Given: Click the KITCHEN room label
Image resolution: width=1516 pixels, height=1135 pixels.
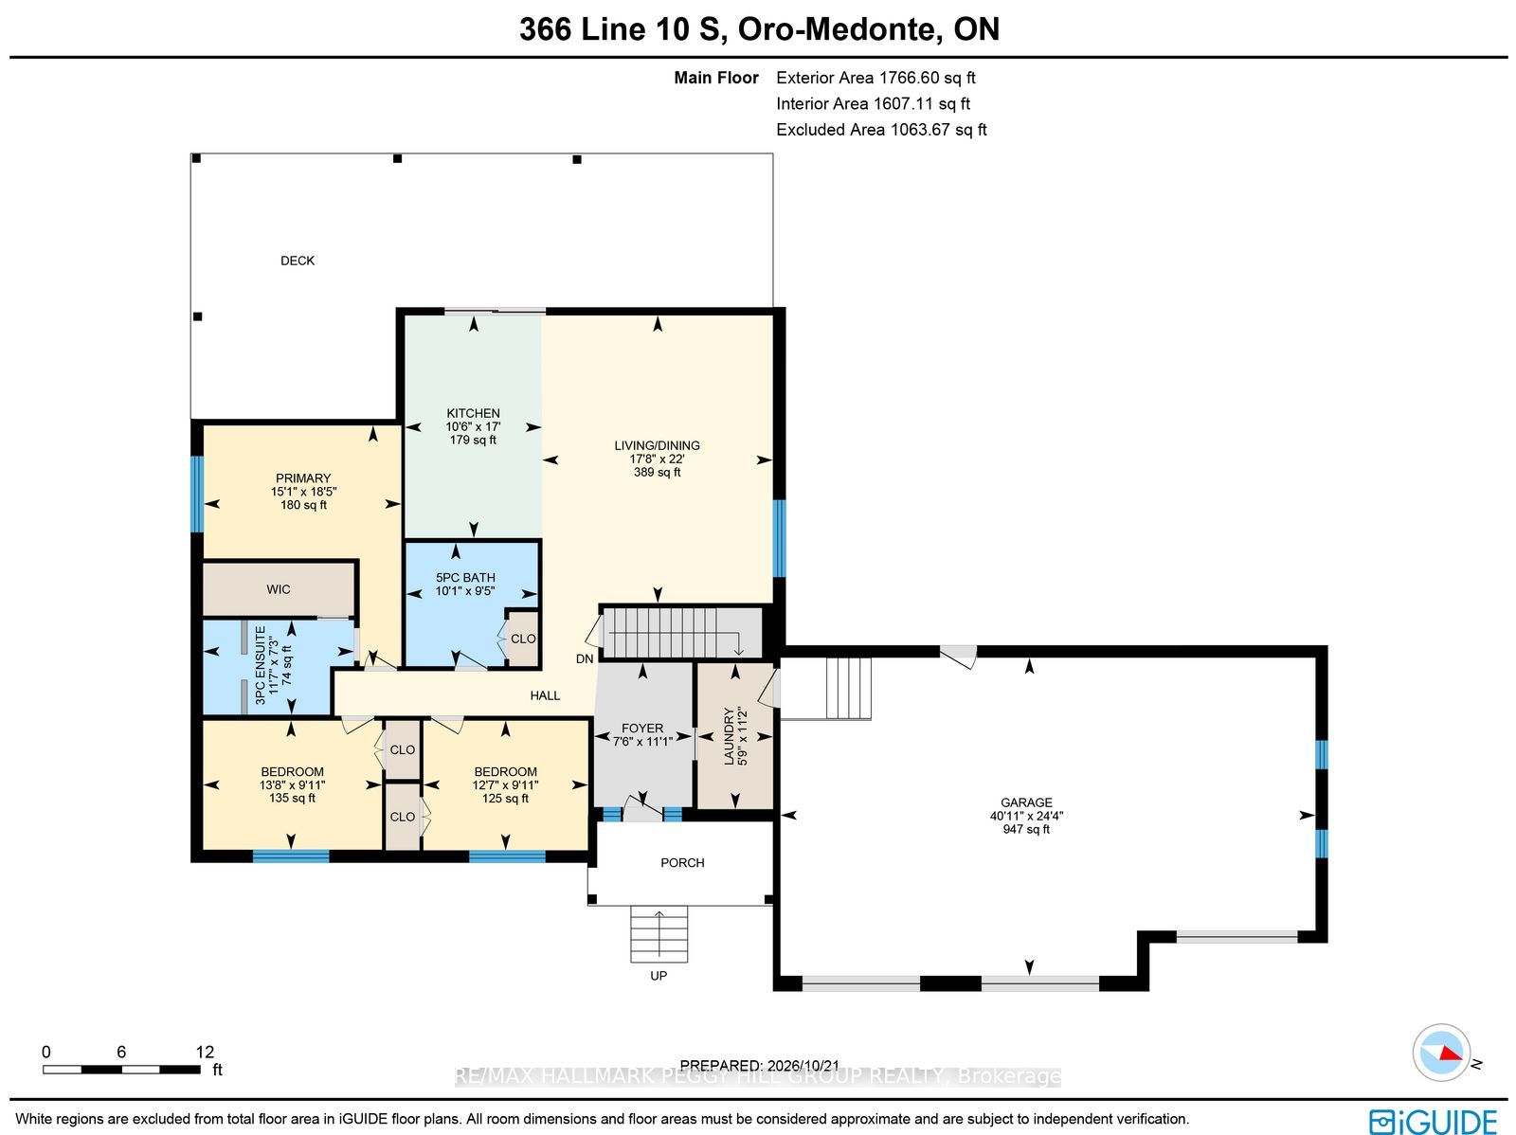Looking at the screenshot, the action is pos(473,413).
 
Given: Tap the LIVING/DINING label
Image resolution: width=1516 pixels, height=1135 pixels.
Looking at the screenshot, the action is pos(657,445).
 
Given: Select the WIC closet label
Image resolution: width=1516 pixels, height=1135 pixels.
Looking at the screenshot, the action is pos(279,589).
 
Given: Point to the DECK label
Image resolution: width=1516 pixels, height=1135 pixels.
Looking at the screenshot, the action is pos(297,261).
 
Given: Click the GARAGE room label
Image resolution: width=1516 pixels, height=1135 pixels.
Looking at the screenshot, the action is pos(1026,802).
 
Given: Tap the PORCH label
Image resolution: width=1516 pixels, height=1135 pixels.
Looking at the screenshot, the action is pos(682,862).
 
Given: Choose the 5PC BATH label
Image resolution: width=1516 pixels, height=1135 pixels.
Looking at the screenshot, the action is pos(465,577).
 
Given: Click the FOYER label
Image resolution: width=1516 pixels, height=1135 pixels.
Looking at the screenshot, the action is pos(642,728).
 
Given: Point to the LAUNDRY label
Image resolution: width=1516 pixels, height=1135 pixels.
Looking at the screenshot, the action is pos(729,736).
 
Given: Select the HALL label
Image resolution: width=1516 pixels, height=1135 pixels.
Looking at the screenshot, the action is pos(545,695).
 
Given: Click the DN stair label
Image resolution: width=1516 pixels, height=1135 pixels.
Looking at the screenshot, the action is pos(585,658).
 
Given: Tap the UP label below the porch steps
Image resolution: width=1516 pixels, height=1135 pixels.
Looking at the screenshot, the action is pos(659,976).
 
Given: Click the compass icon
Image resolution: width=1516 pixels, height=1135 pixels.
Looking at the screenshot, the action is pos(1441,1053).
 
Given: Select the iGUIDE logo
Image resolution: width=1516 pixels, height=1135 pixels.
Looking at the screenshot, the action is pos(1434,1120).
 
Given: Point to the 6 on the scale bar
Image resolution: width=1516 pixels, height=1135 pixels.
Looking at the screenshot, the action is pos(121,1052).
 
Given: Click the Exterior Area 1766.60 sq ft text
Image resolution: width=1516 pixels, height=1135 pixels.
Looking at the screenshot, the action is pos(875,78).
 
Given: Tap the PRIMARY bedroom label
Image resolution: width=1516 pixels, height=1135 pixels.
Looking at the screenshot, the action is pos(303,477).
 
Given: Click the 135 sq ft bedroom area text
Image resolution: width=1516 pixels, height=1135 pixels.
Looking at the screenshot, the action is pos(292,798).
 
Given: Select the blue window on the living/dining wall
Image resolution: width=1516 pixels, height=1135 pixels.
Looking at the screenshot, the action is pos(779,538).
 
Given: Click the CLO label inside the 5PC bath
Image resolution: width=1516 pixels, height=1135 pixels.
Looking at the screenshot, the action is pos(523,639).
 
